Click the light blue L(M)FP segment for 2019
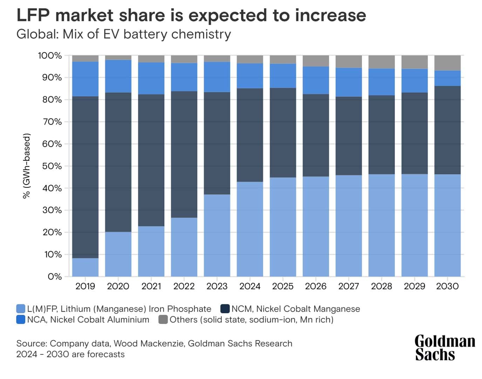[x=85, y=267]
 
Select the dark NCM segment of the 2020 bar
[x=118, y=162]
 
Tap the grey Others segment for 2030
[x=447, y=63]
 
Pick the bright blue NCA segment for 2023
[x=217, y=77]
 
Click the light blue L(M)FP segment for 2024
[x=250, y=229]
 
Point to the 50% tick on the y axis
[x=52, y=166]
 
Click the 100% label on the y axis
[x=50, y=55]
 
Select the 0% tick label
[x=54, y=277]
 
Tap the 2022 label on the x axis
[x=184, y=286]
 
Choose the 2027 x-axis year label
[x=348, y=286]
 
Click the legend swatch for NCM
[x=225, y=309]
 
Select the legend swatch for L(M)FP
[x=21, y=309]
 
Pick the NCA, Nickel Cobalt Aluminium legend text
[x=88, y=320]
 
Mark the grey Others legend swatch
[x=163, y=320]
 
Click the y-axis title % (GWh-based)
[x=27, y=166]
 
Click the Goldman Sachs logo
[x=444, y=348]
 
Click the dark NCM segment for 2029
[x=414, y=133]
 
